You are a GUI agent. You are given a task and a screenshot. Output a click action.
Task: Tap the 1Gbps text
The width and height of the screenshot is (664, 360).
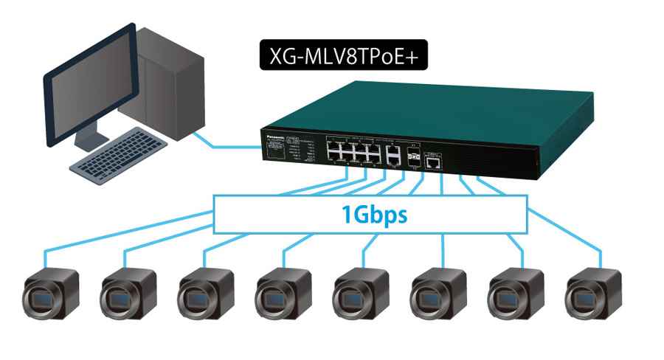(375, 215)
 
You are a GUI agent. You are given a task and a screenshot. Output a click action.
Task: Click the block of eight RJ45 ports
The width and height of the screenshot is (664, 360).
(354, 153)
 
